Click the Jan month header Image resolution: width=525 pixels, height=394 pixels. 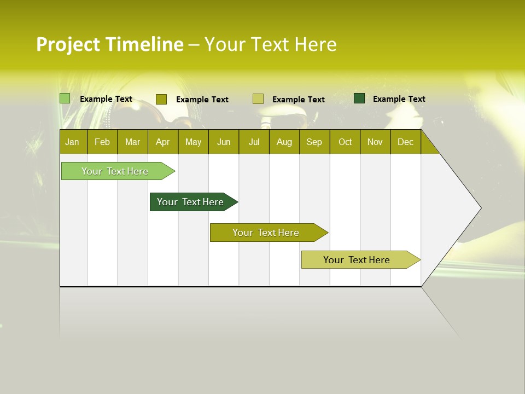click(x=72, y=142)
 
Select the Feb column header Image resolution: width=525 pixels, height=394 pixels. click(x=102, y=142)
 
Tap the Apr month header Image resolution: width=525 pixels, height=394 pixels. click(x=162, y=142)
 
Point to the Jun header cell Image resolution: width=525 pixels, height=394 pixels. click(x=224, y=142)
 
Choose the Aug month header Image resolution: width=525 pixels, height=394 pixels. click(x=284, y=142)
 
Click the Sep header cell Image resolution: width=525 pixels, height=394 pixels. click(x=314, y=142)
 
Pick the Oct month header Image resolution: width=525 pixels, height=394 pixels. click(x=345, y=142)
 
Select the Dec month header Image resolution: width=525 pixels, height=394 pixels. click(x=405, y=142)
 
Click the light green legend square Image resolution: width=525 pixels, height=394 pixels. click(x=65, y=99)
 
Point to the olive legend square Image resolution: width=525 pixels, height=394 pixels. click(x=161, y=99)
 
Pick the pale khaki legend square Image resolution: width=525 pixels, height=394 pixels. click(x=258, y=99)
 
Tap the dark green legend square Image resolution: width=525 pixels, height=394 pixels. click(x=359, y=99)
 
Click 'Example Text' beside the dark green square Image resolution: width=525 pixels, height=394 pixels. click(x=399, y=99)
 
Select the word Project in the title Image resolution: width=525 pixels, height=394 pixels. click(x=68, y=44)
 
